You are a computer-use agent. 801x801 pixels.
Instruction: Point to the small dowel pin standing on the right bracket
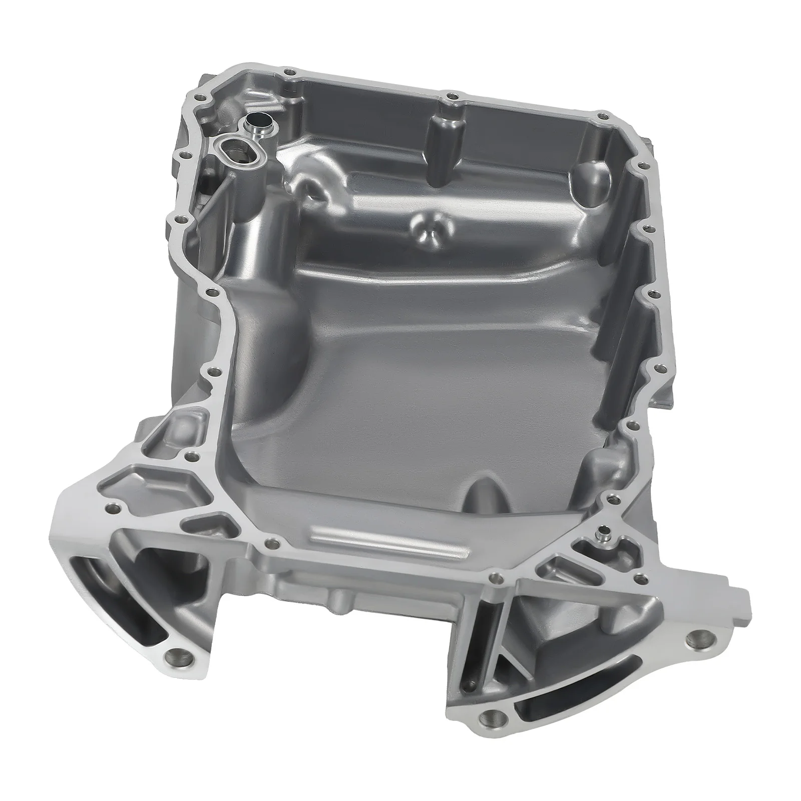[604, 537]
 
